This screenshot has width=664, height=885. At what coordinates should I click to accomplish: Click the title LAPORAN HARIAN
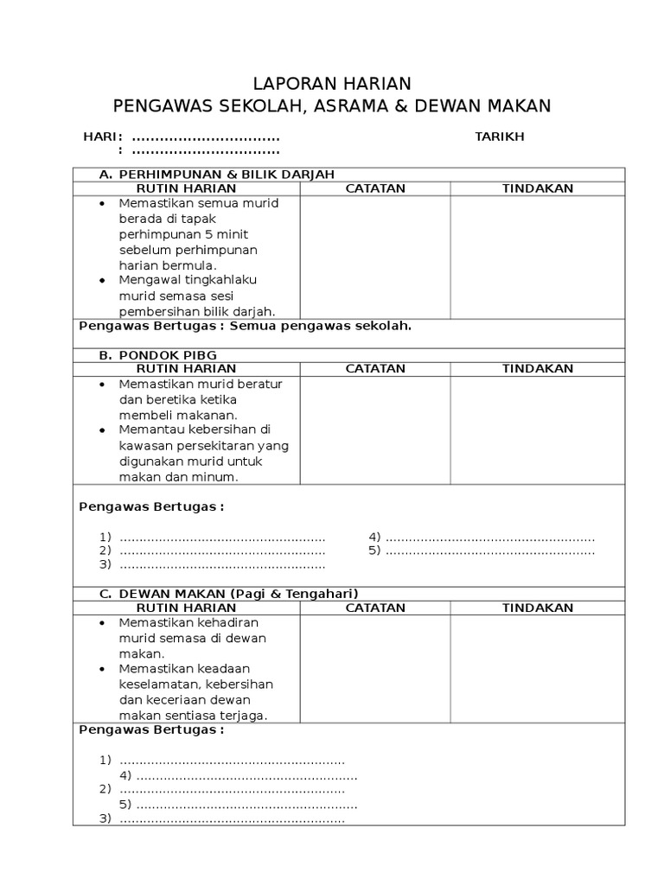coord(332,84)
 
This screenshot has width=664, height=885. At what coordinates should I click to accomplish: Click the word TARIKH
coord(499,137)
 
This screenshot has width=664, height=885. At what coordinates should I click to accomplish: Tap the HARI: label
coord(102,137)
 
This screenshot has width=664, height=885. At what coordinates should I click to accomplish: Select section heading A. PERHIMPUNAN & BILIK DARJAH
coord(216,175)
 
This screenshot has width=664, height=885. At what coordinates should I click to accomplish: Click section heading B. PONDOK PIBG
coord(158,355)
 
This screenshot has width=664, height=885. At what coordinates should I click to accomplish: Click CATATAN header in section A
coord(375,188)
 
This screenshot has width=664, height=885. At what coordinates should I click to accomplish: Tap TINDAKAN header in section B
coord(538,368)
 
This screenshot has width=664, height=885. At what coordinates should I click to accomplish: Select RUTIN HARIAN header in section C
coord(187,608)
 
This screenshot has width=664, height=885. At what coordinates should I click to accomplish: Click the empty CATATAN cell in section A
coord(375,257)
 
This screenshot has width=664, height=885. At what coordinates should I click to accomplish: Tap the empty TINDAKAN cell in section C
coord(538,668)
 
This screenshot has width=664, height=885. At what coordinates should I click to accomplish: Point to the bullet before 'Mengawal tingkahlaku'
coord(102,280)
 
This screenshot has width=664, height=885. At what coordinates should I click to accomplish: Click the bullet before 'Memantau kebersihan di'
coord(102,430)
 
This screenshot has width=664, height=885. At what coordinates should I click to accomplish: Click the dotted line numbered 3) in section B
coord(222,565)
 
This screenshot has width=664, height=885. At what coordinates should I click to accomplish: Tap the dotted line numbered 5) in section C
coord(246,805)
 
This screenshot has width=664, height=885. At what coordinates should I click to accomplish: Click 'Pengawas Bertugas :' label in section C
coord(151,729)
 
